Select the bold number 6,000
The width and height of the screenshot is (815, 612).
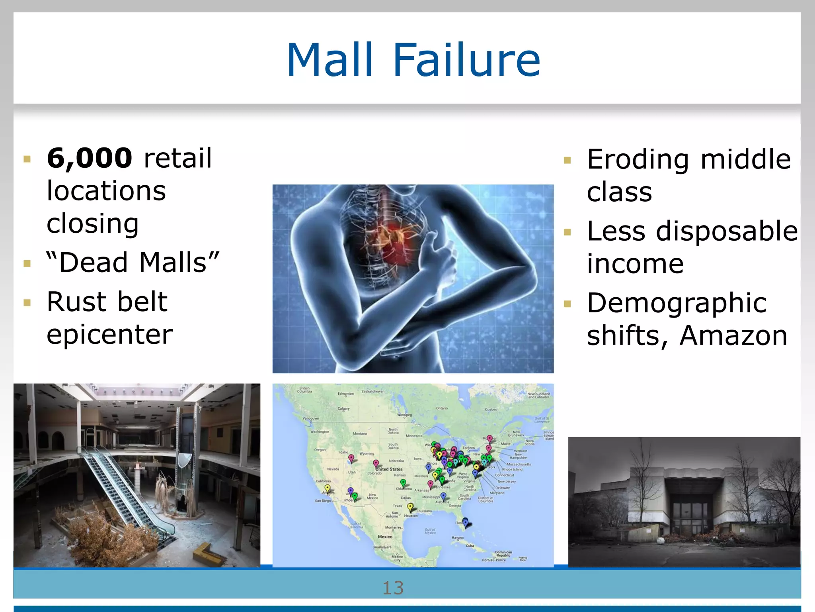click(90, 158)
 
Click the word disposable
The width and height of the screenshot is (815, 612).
click(727, 231)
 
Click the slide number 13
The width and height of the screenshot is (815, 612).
click(393, 588)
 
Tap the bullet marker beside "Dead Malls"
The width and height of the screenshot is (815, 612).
click(27, 263)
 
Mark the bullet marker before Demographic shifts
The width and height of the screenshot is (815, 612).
click(567, 304)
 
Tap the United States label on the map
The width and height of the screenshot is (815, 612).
click(389, 469)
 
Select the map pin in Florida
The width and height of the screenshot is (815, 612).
click(465, 522)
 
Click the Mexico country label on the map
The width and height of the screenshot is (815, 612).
click(385, 537)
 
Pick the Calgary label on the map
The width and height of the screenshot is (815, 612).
click(343, 408)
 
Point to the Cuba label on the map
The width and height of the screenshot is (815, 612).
click(470, 546)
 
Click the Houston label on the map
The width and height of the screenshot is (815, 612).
click(411, 516)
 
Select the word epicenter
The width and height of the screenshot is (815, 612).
click(109, 334)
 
